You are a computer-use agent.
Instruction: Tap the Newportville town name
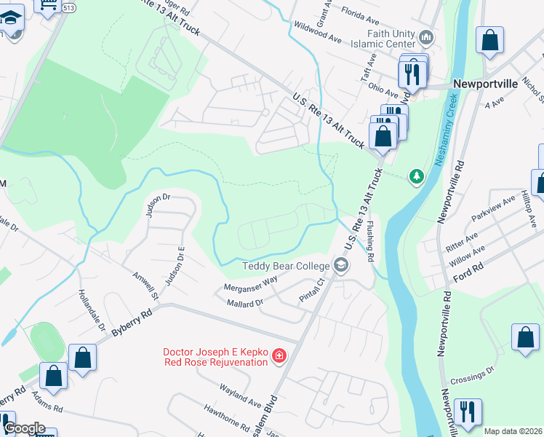coord(485,84)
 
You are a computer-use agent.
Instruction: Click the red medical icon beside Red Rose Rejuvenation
coord(278,356)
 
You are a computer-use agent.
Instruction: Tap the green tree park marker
coord(416,176)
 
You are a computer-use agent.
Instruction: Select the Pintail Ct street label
coord(311,291)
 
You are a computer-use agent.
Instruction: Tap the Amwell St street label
coord(145,285)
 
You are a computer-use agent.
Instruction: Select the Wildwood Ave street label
coord(317,31)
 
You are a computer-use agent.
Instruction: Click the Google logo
coord(24,428)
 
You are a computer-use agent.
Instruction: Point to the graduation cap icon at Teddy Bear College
coord(340,267)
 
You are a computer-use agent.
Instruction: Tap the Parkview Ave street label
coord(488,210)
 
